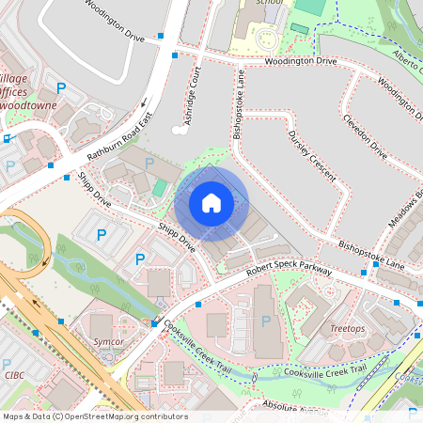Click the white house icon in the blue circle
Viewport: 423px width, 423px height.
(x=211, y=203)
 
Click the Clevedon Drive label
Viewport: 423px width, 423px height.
(x=366, y=136)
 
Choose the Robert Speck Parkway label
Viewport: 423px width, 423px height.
(x=290, y=272)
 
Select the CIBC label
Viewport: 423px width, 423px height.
(x=14, y=375)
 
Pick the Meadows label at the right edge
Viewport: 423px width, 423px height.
(x=407, y=211)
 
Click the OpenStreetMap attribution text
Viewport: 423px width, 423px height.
(x=95, y=416)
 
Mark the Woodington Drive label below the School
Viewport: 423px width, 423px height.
(x=302, y=61)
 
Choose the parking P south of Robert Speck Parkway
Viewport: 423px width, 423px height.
(x=266, y=321)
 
